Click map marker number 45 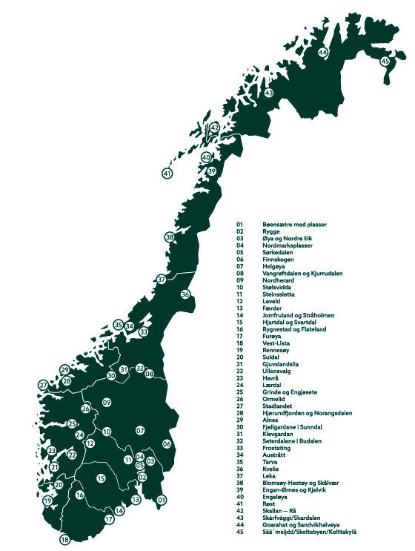coord(385,61)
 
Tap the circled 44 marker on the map coord(323,53)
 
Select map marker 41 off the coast coord(167,174)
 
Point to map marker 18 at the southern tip coord(65,540)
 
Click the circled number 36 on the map coord(185,294)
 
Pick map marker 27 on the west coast coord(44,385)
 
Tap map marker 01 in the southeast coord(161,501)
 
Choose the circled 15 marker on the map coord(101,479)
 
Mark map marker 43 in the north coord(269,93)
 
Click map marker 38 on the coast coord(170,237)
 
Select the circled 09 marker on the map coord(107,403)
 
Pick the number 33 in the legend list coord(240,449)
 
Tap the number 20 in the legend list coord(240,357)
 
